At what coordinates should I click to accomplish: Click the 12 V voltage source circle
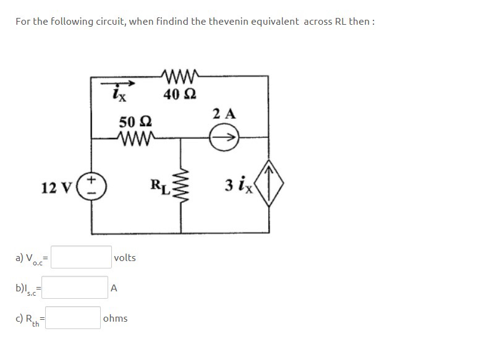(x=93, y=186)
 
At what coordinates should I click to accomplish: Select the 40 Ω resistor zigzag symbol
(x=181, y=77)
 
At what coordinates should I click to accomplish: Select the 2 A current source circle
(x=224, y=137)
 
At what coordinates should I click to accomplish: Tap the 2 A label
(x=224, y=114)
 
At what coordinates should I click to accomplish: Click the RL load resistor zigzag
(x=181, y=186)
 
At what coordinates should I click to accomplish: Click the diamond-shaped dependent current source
(x=268, y=184)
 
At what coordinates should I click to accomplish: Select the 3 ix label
(x=239, y=185)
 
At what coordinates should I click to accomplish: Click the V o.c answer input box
(x=80, y=257)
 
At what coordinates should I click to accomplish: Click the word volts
(x=125, y=257)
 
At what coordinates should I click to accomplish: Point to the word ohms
(x=116, y=318)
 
